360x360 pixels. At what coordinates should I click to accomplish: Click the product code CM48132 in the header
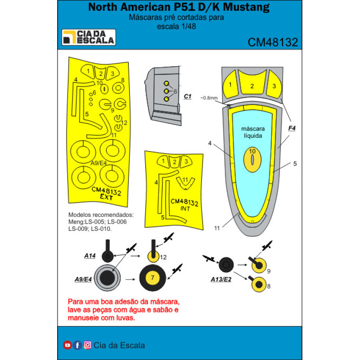273,42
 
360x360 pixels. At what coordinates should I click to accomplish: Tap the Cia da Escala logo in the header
89,37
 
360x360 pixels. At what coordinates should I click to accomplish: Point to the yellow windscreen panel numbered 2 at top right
252,85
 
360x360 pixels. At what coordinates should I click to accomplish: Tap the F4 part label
292,128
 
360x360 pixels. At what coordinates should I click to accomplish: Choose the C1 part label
188,96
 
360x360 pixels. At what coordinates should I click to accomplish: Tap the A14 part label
90,256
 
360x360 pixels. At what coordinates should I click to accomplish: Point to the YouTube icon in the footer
67,345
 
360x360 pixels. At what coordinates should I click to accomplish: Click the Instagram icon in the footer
87,345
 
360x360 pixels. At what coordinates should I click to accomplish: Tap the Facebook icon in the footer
77,345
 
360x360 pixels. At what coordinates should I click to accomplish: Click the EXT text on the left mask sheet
107,197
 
